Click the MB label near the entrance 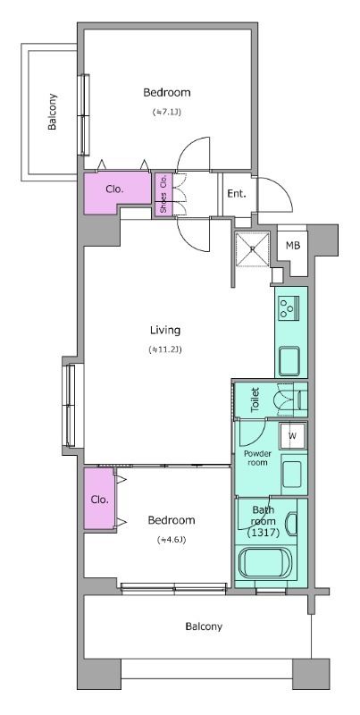293,245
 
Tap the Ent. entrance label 237,193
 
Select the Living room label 165,330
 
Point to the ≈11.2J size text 165,349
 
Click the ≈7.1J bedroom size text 167,112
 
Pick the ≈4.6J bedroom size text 172,540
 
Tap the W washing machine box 293,435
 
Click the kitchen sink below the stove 289,360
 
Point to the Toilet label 255,400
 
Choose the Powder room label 257,458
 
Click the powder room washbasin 291,474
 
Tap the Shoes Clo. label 163,194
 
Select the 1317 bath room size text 263,532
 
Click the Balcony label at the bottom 204,627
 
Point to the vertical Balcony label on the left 53,112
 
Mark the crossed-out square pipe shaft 253,249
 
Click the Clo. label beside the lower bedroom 100,500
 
